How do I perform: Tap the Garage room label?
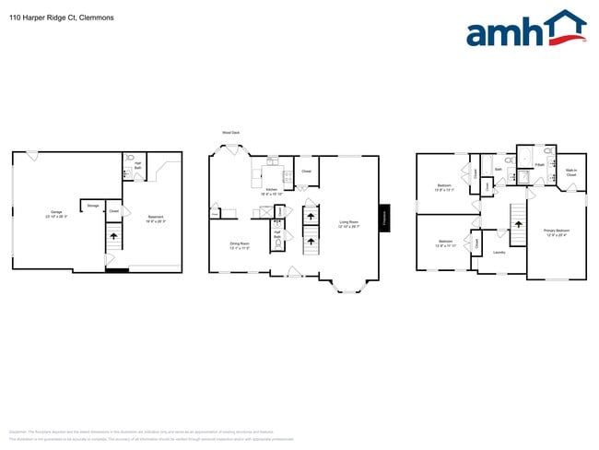pyautogui.click(x=56, y=214)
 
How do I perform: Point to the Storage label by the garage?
pyautogui.click(x=93, y=205)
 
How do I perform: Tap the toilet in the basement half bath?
pyautogui.click(x=130, y=158)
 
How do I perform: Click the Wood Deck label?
pyautogui.click(x=230, y=132)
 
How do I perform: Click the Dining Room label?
pyautogui.click(x=240, y=245)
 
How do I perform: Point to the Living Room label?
pyautogui.click(x=348, y=223)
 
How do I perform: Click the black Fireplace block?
pyautogui.click(x=383, y=218)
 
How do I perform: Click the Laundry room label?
pyautogui.click(x=499, y=251)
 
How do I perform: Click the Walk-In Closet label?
pyautogui.click(x=571, y=172)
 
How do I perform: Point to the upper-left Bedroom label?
pyautogui.click(x=443, y=187)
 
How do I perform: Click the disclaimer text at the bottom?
pyautogui.click(x=147, y=432)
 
